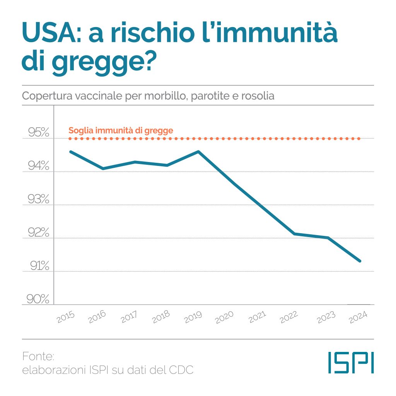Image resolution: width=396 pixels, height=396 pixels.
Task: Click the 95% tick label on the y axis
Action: pyautogui.click(x=39, y=133)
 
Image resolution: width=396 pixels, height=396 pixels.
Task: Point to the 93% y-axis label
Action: pyautogui.click(x=39, y=200)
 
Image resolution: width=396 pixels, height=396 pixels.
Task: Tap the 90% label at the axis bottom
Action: pyautogui.click(x=39, y=299)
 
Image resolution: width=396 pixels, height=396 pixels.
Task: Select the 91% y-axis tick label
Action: pyautogui.click(x=39, y=266)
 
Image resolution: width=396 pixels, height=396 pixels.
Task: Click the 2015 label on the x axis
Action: pyautogui.click(x=66, y=316)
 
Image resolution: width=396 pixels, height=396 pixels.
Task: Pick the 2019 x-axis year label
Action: pyautogui.click(x=193, y=316)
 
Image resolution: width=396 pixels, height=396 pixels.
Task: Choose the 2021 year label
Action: pyautogui.click(x=257, y=316)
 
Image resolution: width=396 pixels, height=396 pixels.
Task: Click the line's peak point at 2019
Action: pyautogui.click(x=198, y=151)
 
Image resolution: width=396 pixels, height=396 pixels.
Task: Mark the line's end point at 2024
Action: pyautogui.click(x=360, y=261)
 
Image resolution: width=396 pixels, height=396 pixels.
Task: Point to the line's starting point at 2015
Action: pyautogui.click(x=70, y=151)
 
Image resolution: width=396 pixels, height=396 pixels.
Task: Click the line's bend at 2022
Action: pyautogui.click(x=295, y=234)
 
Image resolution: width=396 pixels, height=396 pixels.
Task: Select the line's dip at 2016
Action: pyautogui.click(x=102, y=169)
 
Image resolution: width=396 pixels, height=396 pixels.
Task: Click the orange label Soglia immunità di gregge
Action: pyautogui.click(x=121, y=130)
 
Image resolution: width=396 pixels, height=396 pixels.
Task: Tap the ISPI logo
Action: pyautogui.click(x=351, y=362)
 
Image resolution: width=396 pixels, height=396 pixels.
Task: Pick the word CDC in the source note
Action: pyautogui.click(x=181, y=370)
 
